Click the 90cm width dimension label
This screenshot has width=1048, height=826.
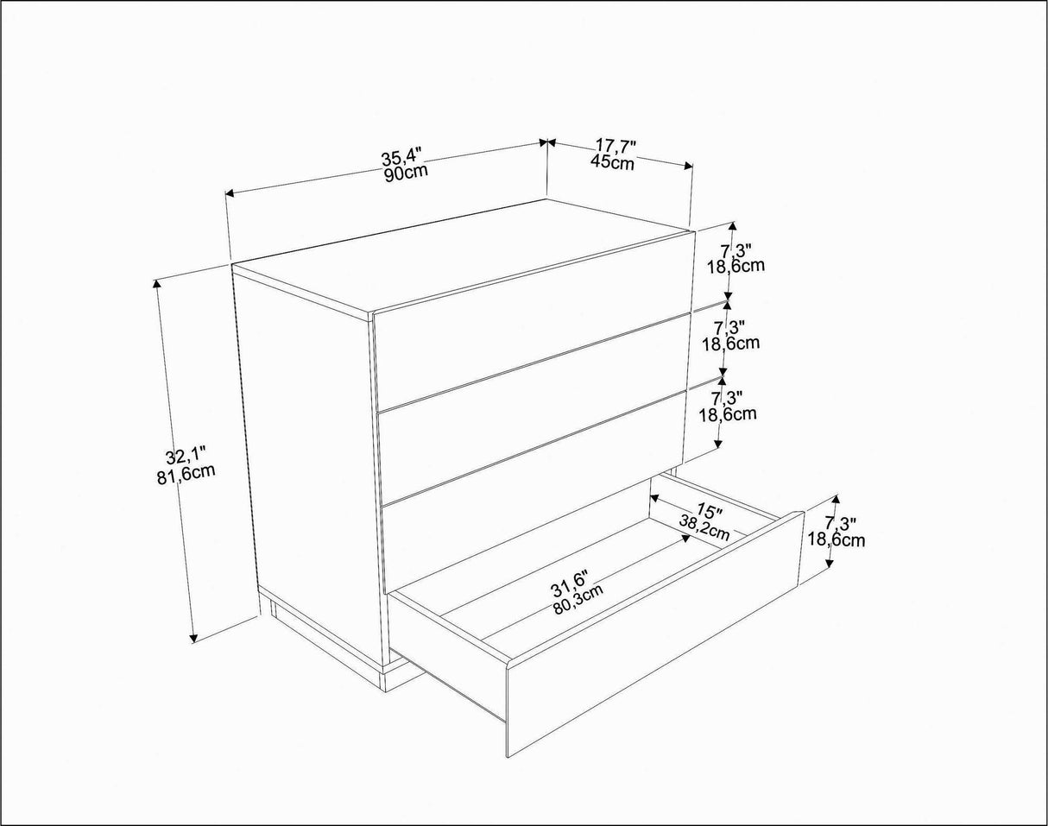click(407, 171)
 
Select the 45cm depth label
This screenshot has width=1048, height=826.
click(613, 161)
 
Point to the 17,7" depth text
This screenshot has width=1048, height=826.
click(616, 147)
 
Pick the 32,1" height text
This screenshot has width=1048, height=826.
click(186, 457)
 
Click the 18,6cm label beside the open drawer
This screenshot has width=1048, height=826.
click(837, 540)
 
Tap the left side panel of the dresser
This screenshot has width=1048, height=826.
click(306, 466)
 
